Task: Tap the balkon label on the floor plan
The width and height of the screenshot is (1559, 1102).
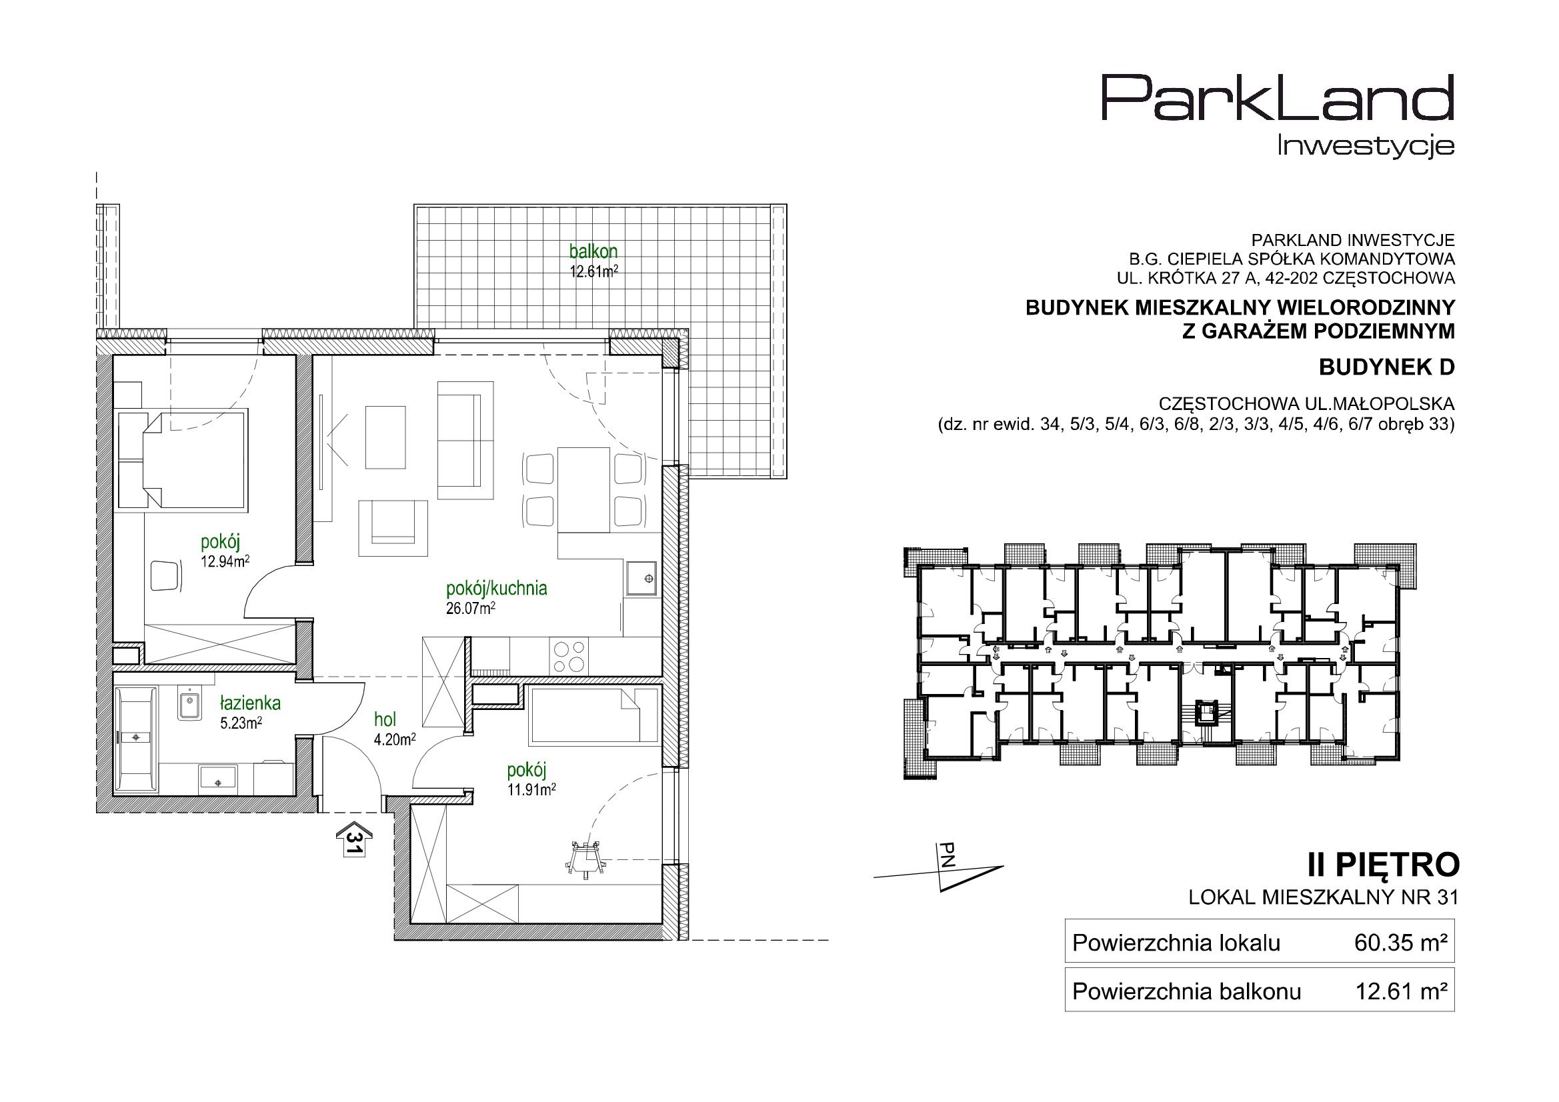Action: tap(593, 251)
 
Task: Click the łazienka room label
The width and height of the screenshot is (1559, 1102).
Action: tap(250, 703)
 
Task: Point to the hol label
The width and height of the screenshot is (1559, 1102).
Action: tap(385, 720)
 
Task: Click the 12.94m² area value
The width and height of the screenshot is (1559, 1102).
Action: tap(225, 561)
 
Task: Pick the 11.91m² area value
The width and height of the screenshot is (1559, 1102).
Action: tap(531, 789)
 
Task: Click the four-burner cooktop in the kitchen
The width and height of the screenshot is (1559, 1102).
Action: tap(569, 656)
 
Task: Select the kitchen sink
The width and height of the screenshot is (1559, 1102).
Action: tap(641, 579)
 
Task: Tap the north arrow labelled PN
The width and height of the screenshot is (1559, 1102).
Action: tap(951, 876)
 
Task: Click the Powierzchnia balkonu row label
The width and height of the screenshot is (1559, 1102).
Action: tap(1186, 992)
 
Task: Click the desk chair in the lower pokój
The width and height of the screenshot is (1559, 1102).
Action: tap(585, 858)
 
